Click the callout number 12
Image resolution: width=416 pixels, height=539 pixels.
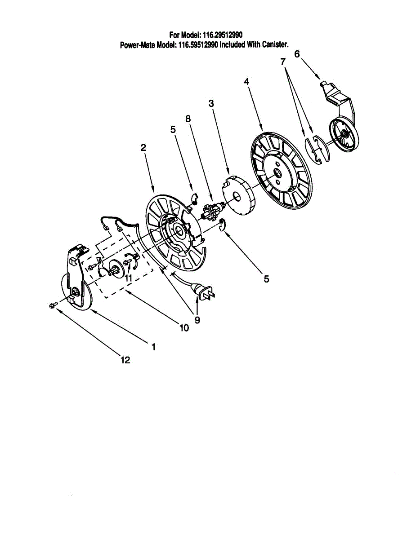125,360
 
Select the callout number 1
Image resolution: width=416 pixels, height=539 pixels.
153,347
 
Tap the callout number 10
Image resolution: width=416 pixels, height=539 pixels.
184,328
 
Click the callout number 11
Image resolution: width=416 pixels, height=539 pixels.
129,278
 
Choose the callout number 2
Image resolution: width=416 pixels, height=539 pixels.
143,147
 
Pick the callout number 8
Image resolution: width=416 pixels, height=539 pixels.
188,119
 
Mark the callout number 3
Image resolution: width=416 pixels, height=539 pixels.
211,103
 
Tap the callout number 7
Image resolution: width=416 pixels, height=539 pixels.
283,61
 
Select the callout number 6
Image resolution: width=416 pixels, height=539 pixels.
297,53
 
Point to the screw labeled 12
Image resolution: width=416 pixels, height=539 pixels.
52,305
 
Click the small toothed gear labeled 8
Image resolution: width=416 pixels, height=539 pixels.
211,210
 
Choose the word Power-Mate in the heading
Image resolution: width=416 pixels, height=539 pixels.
137,44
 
